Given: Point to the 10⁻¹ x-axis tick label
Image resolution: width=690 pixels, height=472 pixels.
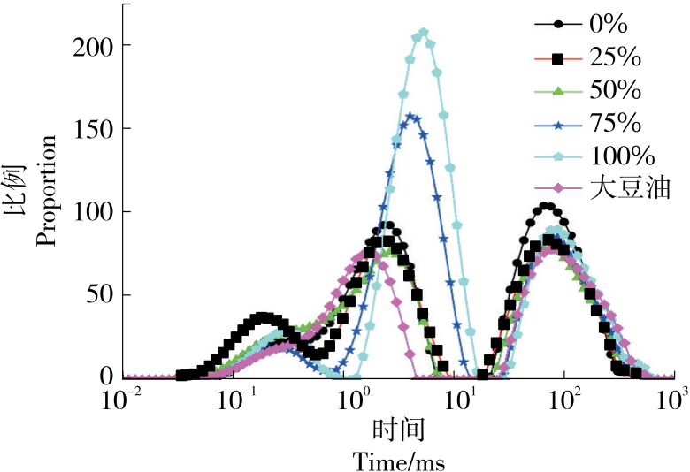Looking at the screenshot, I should click(x=236, y=400).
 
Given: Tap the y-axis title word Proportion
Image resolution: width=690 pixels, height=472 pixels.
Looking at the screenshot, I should click(x=47, y=190).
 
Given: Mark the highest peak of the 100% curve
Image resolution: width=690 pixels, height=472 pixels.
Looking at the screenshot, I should click(x=423, y=34).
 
